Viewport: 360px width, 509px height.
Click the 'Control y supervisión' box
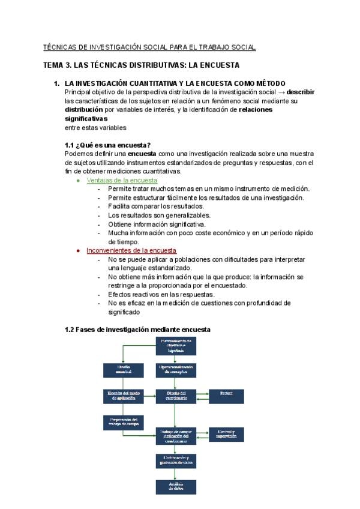(x=226, y=433)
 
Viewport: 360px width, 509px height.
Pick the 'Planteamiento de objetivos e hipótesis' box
(x=176, y=345)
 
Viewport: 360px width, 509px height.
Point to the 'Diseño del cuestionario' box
(x=176, y=395)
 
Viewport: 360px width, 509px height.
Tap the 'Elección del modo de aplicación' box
(x=124, y=395)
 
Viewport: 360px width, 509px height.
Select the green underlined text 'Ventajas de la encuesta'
(x=122, y=180)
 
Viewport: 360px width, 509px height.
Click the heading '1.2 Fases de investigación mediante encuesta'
(x=137, y=330)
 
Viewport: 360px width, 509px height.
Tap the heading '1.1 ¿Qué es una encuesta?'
(x=107, y=145)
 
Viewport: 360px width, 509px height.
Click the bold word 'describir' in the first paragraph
(x=301, y=92)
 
